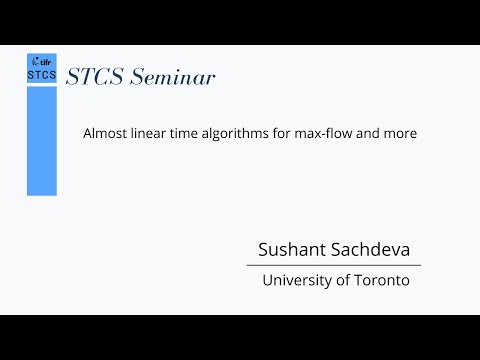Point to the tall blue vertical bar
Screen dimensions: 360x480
click(41, 140)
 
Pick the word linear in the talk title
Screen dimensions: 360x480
click(149, 132)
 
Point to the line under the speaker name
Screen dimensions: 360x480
click(334, 265)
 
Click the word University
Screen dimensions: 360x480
click(296, 281)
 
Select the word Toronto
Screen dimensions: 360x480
click(381, 281)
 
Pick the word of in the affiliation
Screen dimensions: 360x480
click(342, 281)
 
